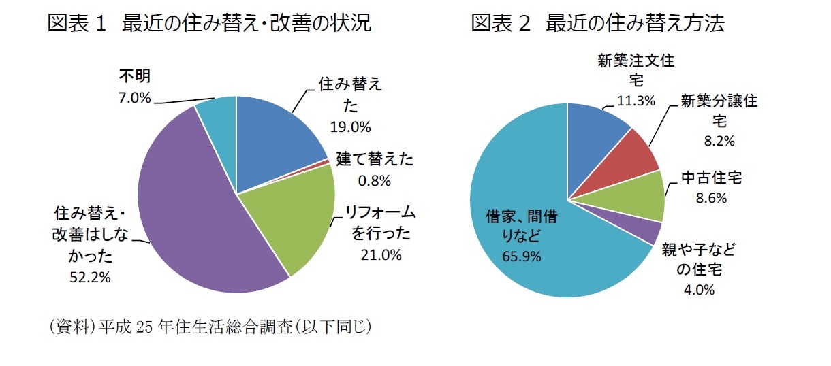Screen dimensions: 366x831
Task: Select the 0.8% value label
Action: tap(374, 180)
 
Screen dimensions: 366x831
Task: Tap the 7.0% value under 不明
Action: tap(134, 98)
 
